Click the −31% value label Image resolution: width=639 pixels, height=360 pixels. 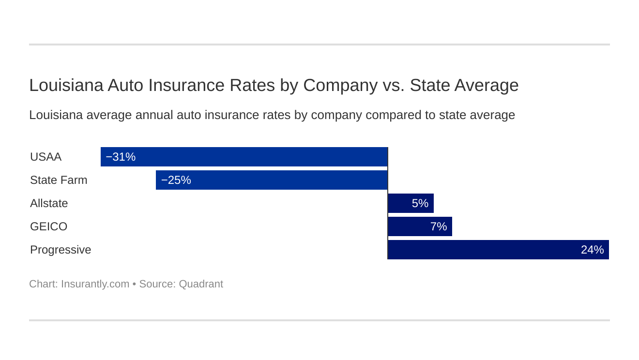121,157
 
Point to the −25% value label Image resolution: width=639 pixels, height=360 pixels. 176,180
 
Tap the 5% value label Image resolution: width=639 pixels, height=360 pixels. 420,203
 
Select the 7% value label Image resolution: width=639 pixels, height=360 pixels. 438,226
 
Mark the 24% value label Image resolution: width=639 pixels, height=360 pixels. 592,250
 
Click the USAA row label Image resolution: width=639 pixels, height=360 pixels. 46,157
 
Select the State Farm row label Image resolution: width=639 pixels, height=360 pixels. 59,180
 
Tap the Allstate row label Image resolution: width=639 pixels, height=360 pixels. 49,203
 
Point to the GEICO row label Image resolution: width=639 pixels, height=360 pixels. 48,226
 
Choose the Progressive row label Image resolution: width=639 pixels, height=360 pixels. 61,250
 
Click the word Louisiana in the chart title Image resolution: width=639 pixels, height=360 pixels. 66,85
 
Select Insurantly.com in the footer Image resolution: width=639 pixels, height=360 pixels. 95,284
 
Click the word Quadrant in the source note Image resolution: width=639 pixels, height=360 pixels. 201,284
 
